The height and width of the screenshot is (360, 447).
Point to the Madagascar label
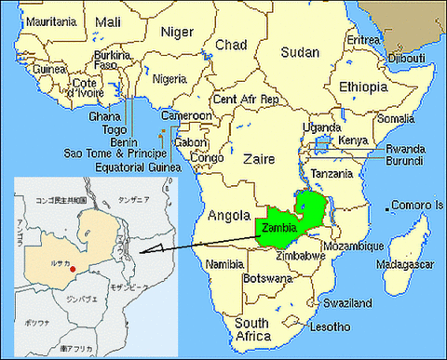click(x=403, y=264)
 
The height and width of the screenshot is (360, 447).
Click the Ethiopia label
click(x=364, y=87)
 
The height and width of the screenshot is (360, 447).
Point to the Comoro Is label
click(x=417, y=205)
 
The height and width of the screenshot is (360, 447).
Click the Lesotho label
click(x=331, y=327)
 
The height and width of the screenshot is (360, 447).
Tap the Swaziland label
click(x=347, y=303)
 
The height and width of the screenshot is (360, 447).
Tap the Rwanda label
click(x=407, y=147)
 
